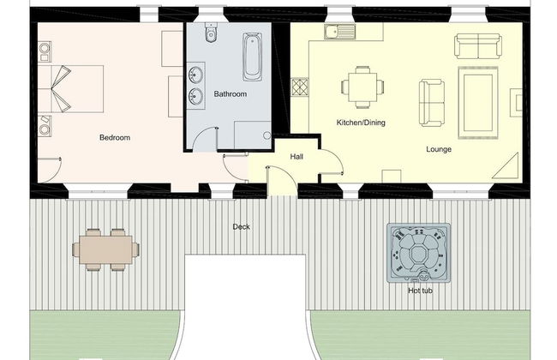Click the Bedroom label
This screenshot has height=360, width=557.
(x=114, y=137)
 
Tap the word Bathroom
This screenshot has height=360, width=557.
(x=231, y=93)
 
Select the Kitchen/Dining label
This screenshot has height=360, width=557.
(x=361, y=123)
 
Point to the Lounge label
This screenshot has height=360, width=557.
(x=439, y=149)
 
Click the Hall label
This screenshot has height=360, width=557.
(x=296, y=157)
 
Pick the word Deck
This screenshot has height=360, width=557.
(x=242, y=227)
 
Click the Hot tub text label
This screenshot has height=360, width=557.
(x=419, y=291)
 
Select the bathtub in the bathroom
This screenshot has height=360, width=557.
(x=253, y=56)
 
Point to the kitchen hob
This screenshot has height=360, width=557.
(x=299, y=87)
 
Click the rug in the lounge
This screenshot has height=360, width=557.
(x=477, y=102)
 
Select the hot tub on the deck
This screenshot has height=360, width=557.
(x=418, y=254)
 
